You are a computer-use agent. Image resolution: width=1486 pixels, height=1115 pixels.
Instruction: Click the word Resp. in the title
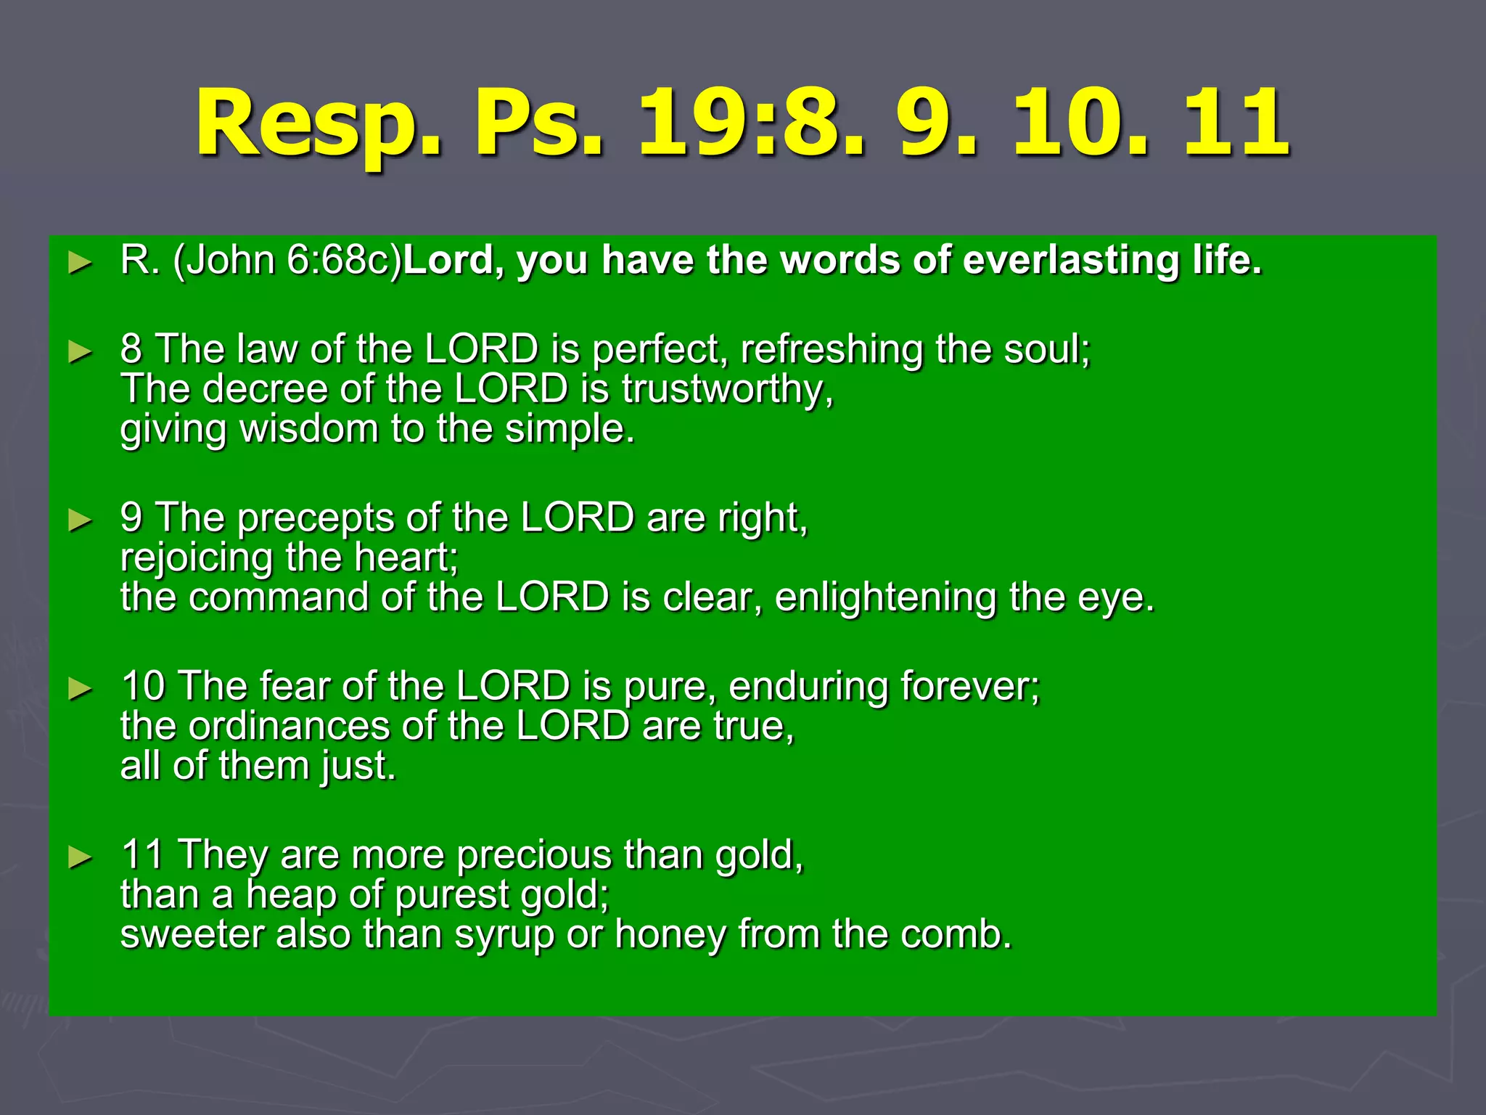click(319, 123)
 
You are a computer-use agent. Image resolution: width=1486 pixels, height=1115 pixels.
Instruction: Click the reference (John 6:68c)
click(287, 260)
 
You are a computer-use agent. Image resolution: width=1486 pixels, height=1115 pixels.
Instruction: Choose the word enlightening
click(886, 597)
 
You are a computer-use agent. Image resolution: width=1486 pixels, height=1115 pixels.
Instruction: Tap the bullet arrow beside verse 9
click(80, 520)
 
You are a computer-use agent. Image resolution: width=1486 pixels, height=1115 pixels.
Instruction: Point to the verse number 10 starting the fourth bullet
click(143, 686)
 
